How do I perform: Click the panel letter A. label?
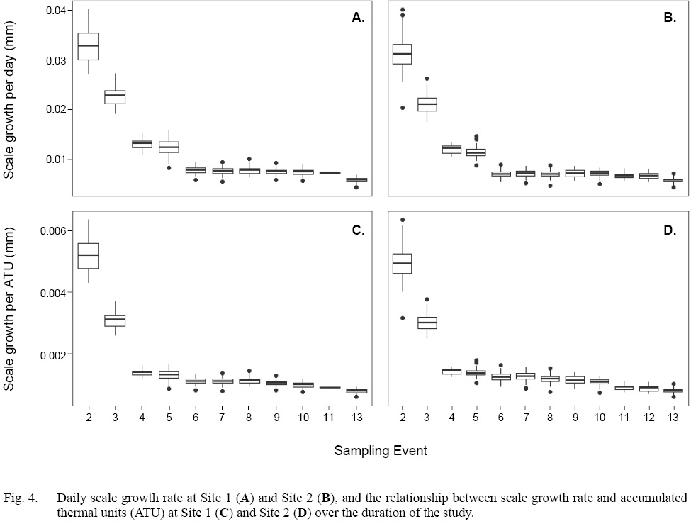358,18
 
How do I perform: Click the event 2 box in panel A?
88,47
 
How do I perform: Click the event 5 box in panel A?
169,147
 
